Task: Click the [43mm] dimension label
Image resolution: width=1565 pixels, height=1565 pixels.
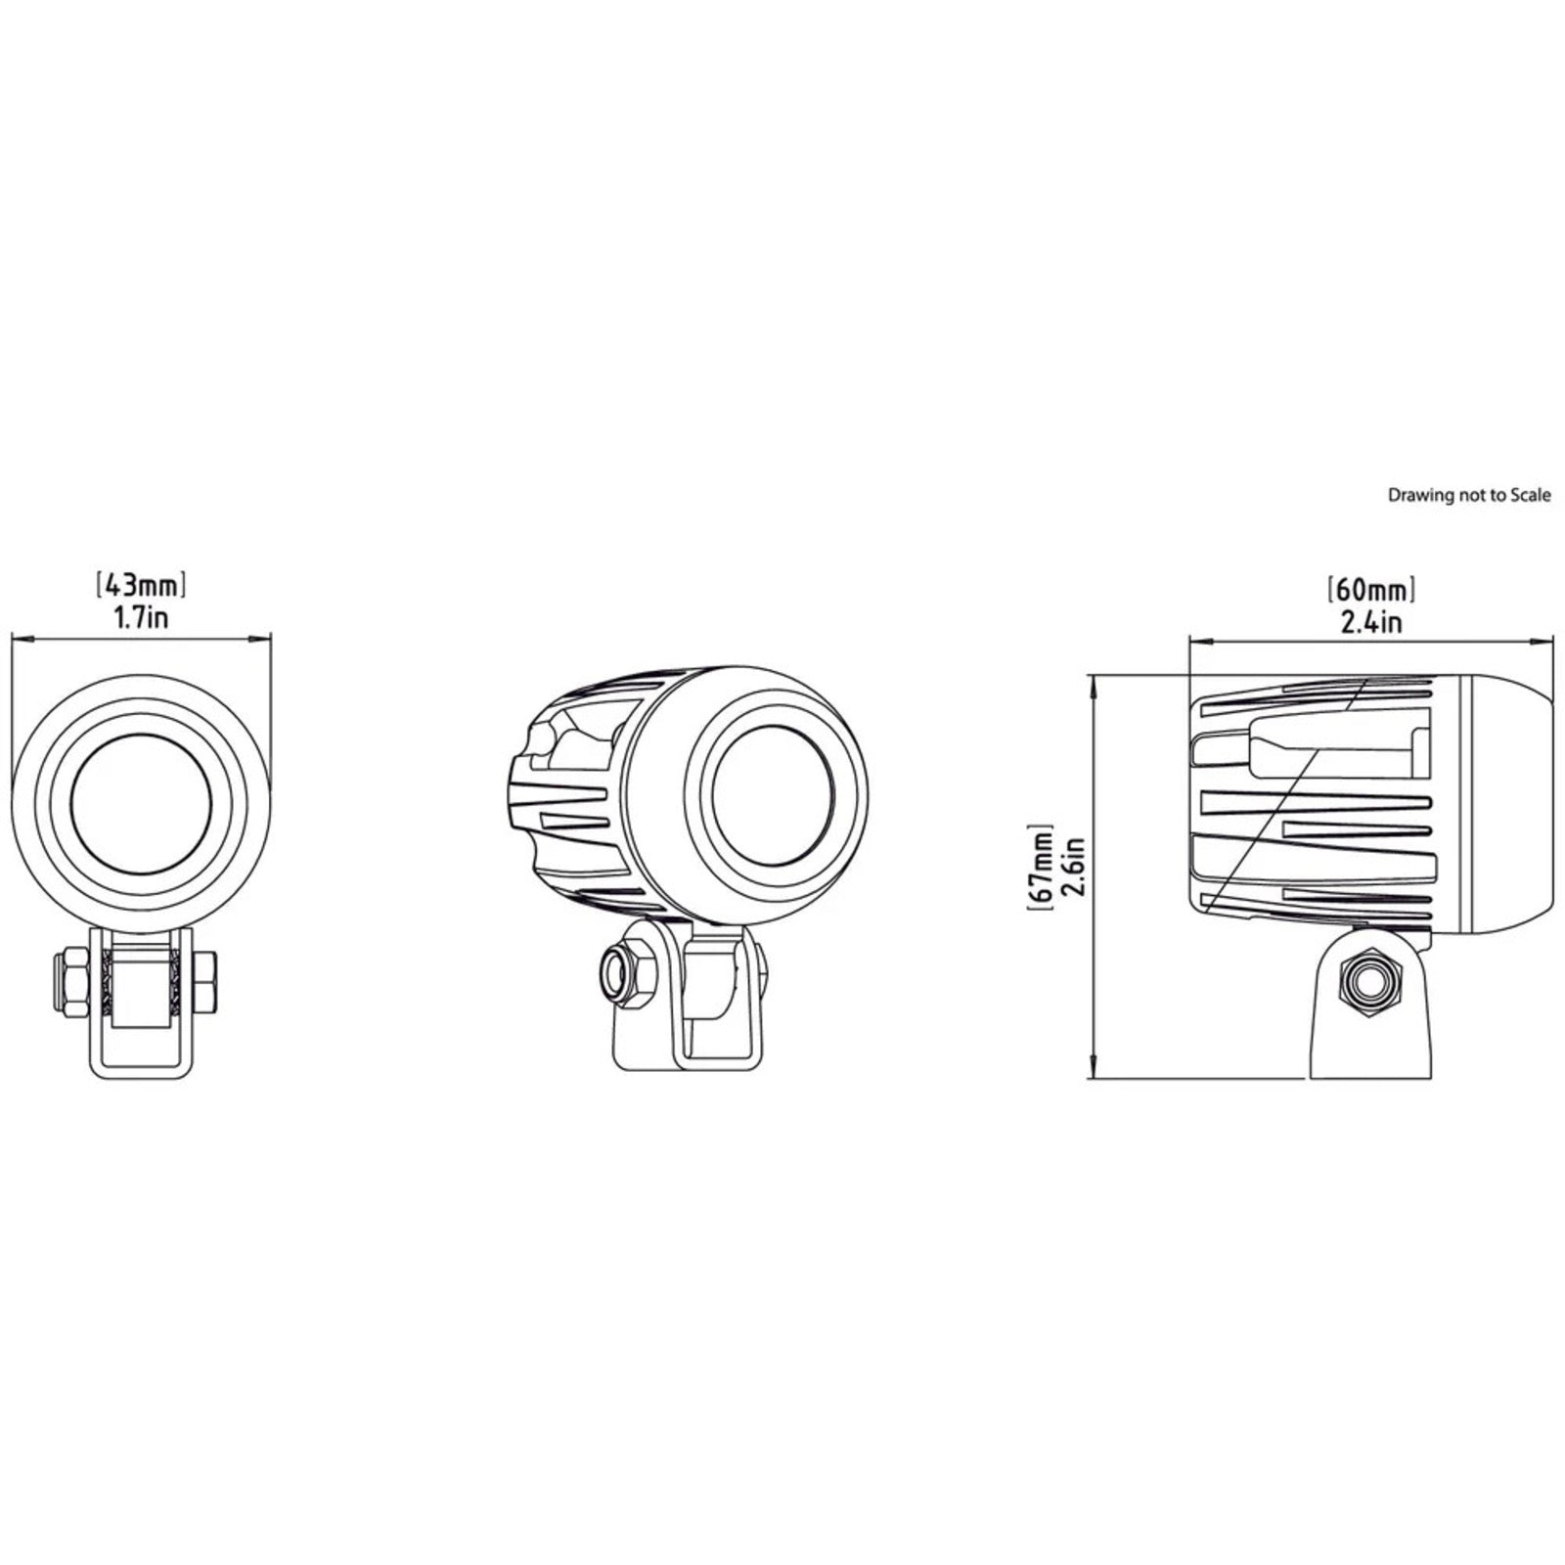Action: (x=142, y=586)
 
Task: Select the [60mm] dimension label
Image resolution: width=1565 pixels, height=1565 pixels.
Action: (x=1371, y=591)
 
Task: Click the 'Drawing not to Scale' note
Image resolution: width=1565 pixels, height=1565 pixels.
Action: (x=1469, y=495)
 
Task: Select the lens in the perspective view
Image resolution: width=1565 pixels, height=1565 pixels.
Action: (x=773, y=794)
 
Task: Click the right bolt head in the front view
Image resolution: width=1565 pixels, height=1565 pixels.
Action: (x=205, y=981)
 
